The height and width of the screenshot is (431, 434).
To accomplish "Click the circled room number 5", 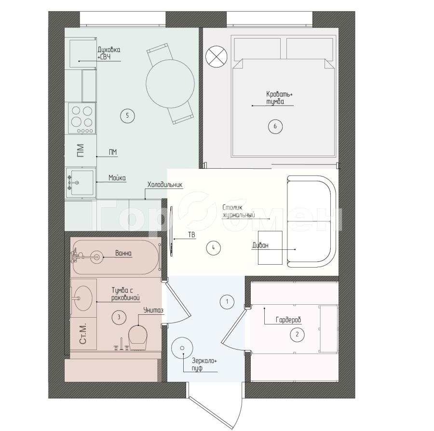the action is [x=127, y=116].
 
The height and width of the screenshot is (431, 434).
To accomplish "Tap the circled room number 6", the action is [x=275, y=126].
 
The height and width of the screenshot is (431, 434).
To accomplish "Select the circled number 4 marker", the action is [x=214, y=248].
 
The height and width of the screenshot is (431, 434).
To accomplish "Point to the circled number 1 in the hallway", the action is [x=227, y=301].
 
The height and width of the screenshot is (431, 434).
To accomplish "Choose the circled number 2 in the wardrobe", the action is [x=297, y=334].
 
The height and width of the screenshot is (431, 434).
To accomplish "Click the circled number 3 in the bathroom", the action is [x=119, y=317].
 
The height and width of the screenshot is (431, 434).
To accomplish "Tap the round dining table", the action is [x=170, y=83].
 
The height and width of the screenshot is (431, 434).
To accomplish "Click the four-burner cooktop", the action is [x=82, y=118].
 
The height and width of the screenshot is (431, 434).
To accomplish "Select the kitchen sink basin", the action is [x=82, y=183].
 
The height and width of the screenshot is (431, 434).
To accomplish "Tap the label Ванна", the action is [x=123, y=253].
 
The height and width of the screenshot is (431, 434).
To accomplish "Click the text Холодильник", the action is [x=165, y=185].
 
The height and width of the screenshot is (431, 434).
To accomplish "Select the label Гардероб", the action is [x=288, y=320].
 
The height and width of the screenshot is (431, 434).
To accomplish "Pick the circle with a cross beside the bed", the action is [x=217, y=56].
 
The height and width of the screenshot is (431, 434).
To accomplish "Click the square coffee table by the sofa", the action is [x=270, y=248].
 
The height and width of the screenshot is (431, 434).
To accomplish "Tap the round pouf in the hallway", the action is [x=182, y=348].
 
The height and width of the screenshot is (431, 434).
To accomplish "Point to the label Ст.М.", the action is [x=83, y=334].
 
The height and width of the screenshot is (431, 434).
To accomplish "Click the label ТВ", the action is [x=191, y=235].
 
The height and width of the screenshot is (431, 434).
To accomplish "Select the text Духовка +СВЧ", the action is [x=109, y=54].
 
